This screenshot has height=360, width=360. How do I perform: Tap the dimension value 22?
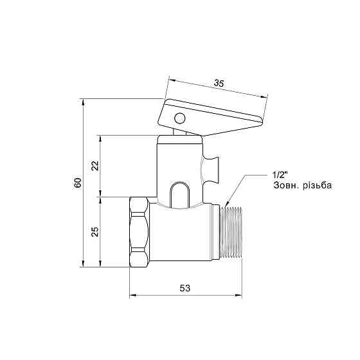(x=95, y=166)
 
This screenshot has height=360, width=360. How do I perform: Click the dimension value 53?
(x=186, y=289)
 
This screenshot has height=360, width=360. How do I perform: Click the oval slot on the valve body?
(x=180, y=195)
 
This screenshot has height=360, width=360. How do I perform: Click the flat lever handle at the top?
(x=212, y=116)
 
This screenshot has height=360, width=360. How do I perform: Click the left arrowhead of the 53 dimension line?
(x=132, y=296)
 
